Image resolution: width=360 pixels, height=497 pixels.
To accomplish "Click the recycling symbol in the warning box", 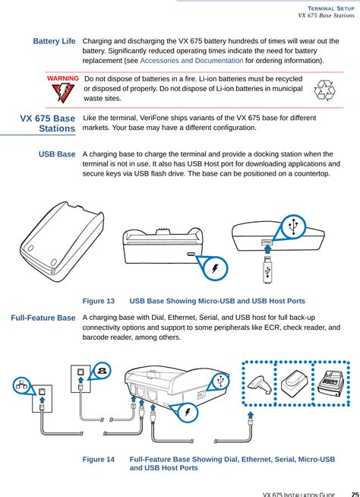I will click(326, 90).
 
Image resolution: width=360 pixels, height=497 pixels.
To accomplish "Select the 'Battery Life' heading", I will click(54, 40).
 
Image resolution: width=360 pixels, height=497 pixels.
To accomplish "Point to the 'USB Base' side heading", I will click(57, 154).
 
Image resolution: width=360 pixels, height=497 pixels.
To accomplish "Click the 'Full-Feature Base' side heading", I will click(43, 317).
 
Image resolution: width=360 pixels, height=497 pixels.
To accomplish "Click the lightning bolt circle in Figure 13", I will click(215, 267).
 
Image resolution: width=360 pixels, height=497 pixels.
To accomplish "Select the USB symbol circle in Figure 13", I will click(292, 226).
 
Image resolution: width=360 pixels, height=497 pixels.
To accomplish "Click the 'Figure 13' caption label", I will click(99, 302).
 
